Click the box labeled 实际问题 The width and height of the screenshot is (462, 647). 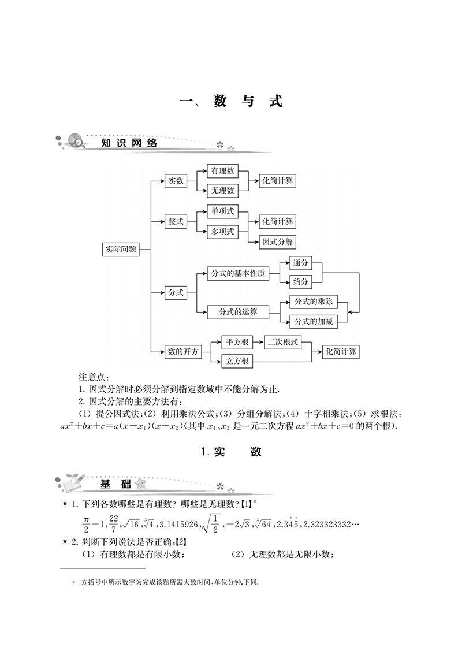[x=120, y=249]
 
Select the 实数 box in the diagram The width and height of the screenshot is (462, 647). [x=175, y=181]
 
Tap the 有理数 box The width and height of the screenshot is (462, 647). [x=222, y=171]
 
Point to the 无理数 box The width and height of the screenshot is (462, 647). [x=222, y=189]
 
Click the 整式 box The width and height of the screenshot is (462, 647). [x=176, y=221]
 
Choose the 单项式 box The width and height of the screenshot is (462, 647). [x=222, y=211]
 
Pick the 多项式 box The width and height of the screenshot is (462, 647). [x=222, y=232]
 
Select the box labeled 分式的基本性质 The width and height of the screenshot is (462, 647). [x=238, y=273]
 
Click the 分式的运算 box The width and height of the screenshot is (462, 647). [x=238, y=312]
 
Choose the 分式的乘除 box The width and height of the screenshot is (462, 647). [x=314, y=302]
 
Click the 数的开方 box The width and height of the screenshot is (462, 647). [x=182, y=351]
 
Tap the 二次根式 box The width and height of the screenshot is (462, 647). [x=283, y=342]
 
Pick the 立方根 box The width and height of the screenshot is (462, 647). [x=237, y=361]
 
